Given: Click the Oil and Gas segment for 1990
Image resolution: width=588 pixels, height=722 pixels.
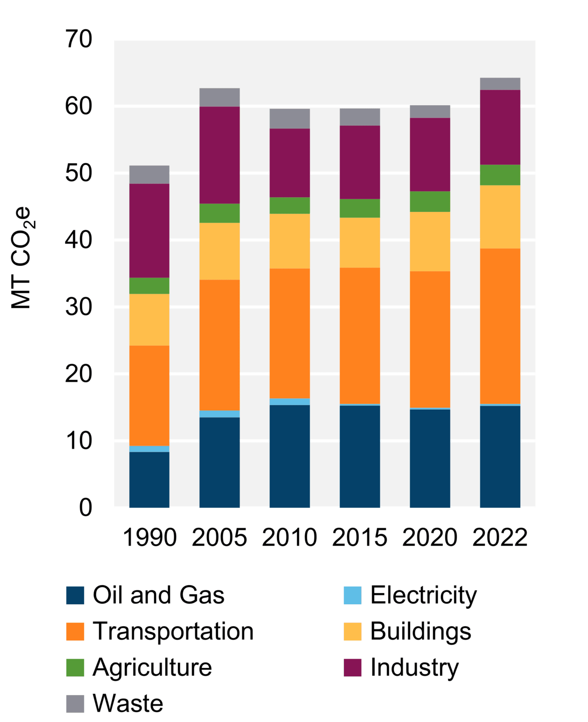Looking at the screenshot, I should coord(149,479).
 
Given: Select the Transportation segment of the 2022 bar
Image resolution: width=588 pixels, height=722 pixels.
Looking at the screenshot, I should coord(500,326).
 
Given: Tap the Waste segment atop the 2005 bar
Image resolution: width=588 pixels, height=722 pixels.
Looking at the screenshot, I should coord(220,97).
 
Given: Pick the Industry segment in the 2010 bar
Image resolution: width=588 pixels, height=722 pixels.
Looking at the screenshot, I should coord(290,163).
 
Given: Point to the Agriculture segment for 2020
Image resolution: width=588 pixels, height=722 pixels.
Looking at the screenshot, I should coord(430,201).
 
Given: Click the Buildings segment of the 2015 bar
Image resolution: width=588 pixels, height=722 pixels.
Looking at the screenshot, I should coord(360,242).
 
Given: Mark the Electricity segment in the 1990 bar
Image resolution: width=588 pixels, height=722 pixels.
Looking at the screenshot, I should coord(149,449).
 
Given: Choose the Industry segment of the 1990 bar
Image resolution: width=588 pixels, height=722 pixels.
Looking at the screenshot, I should coord(149,231).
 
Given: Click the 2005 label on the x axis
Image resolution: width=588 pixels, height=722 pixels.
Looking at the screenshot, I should coord(219,538).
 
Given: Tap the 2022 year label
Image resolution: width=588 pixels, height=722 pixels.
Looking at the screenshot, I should coord(500,538).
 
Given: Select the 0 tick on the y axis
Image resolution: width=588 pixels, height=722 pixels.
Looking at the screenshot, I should coord(85,508).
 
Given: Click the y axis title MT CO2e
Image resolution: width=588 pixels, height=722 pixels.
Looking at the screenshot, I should coord(22,258).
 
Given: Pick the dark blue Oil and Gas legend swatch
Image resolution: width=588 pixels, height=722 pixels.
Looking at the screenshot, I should coord(75,595).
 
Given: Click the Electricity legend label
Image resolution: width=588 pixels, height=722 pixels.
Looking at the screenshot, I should coord(423,595).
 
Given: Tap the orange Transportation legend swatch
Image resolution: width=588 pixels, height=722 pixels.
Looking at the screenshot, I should coord(75,631).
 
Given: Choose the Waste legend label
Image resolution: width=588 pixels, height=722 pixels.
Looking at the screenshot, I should coord(128,703).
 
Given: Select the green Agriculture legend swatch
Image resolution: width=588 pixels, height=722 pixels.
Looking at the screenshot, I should coord(75,668).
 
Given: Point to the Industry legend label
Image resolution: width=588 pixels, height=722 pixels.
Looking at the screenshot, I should coord(414,668).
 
